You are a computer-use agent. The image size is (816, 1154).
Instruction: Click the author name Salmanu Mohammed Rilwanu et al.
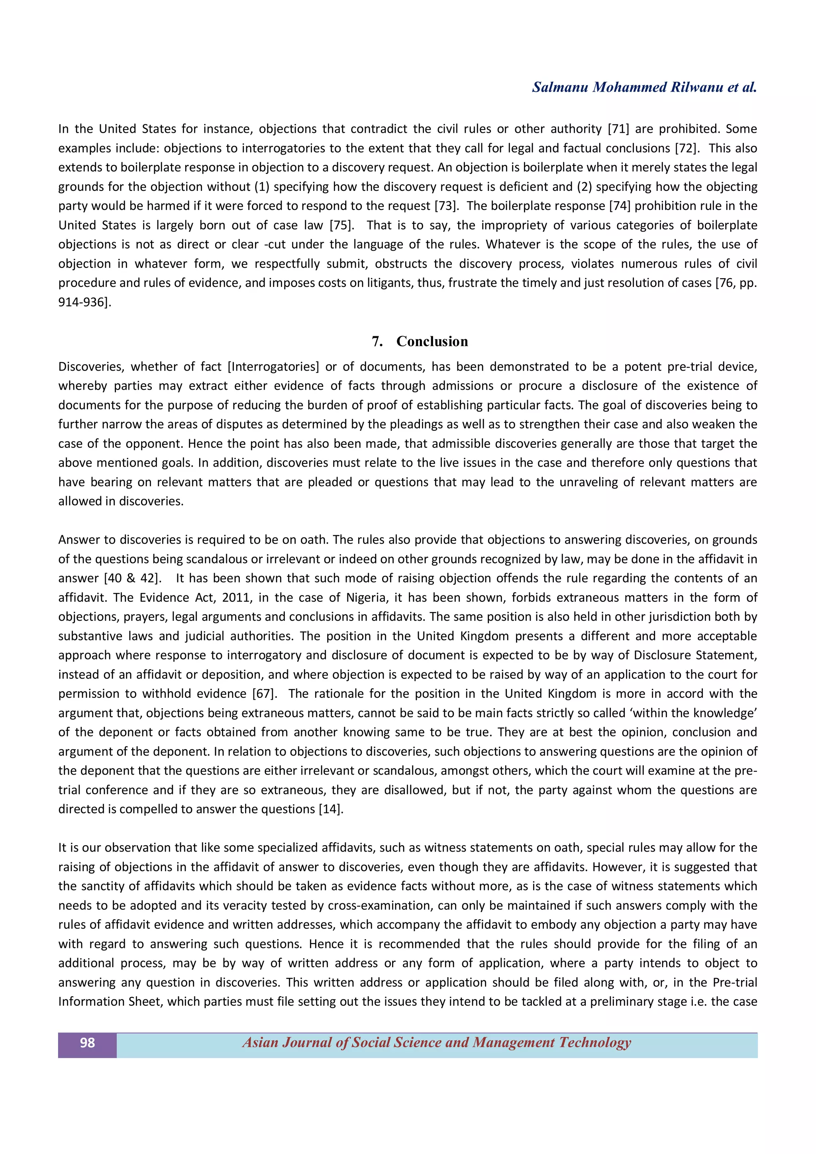pyautogui.click(x=644, y=87)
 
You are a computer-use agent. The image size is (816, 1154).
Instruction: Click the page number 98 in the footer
pyautogui.click(x=87, y=1042)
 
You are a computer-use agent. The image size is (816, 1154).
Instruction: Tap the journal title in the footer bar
pyautogui.click(x=437, y=1042)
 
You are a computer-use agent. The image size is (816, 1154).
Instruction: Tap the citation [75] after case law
pyautogui.click(x=342, y=225)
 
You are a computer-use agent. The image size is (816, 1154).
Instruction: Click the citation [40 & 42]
pyautogui.click(x=133, y=578)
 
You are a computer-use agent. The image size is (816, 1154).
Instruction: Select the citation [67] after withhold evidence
pyautogui.click(x=265, y=694)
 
